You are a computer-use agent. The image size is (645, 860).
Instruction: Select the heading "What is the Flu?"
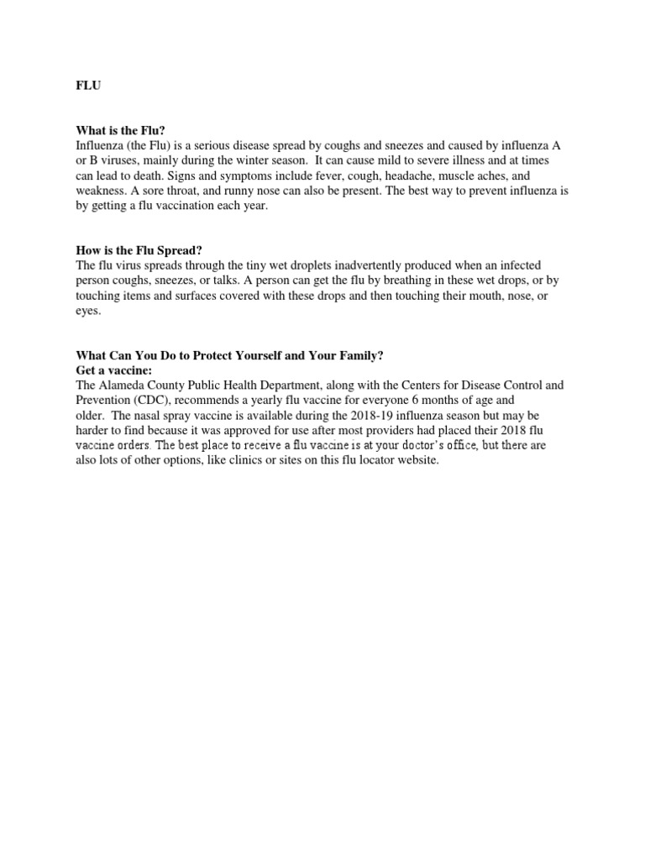[120, 130]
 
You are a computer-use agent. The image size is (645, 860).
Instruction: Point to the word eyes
[88, 310]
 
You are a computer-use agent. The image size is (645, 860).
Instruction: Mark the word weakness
[101, 191]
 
